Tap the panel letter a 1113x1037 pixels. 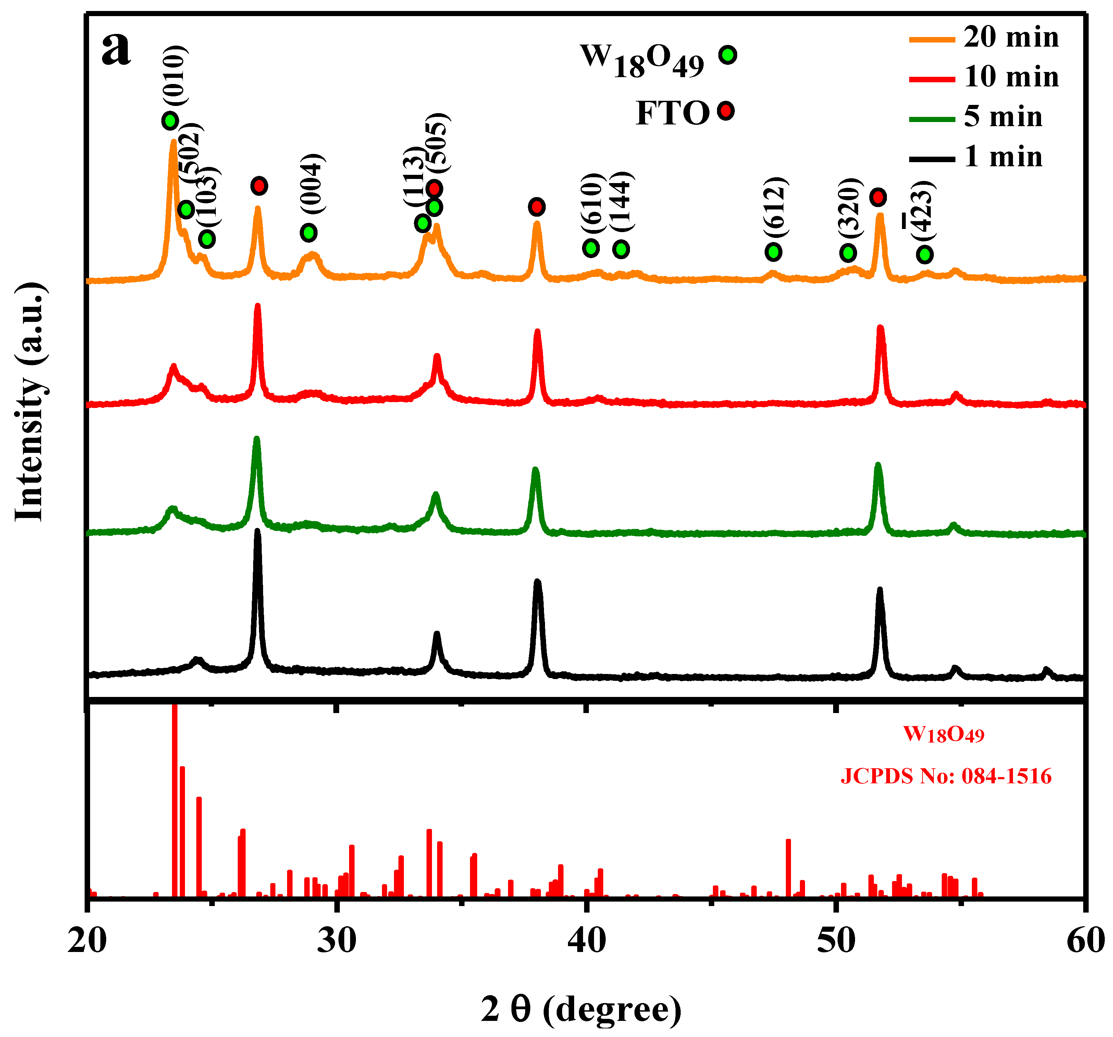pyautogui.click(x=116, y=48)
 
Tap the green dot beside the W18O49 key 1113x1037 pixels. pyautogui.click(x=728, y=55)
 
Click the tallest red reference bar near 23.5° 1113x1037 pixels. pyautogui.click(x=174, y=796)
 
